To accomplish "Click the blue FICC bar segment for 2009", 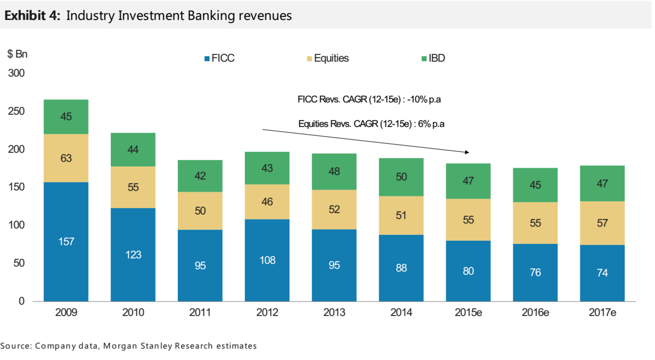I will coord(66,241).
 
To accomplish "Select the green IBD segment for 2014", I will coord(401,177).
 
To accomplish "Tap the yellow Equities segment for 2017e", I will coord(602,223).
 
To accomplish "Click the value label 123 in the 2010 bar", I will coord(133,254).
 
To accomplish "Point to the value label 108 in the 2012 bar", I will coord(267,260).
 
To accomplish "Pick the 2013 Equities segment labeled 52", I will coord(334,209).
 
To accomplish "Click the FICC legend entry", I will coord(220,58).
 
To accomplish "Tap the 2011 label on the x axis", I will coord(200,313).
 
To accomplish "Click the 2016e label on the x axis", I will coord(535,313).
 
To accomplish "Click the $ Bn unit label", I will coord(17,54).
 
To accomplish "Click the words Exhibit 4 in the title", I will coord(33,15).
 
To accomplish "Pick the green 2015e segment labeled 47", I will coord(468,181).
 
